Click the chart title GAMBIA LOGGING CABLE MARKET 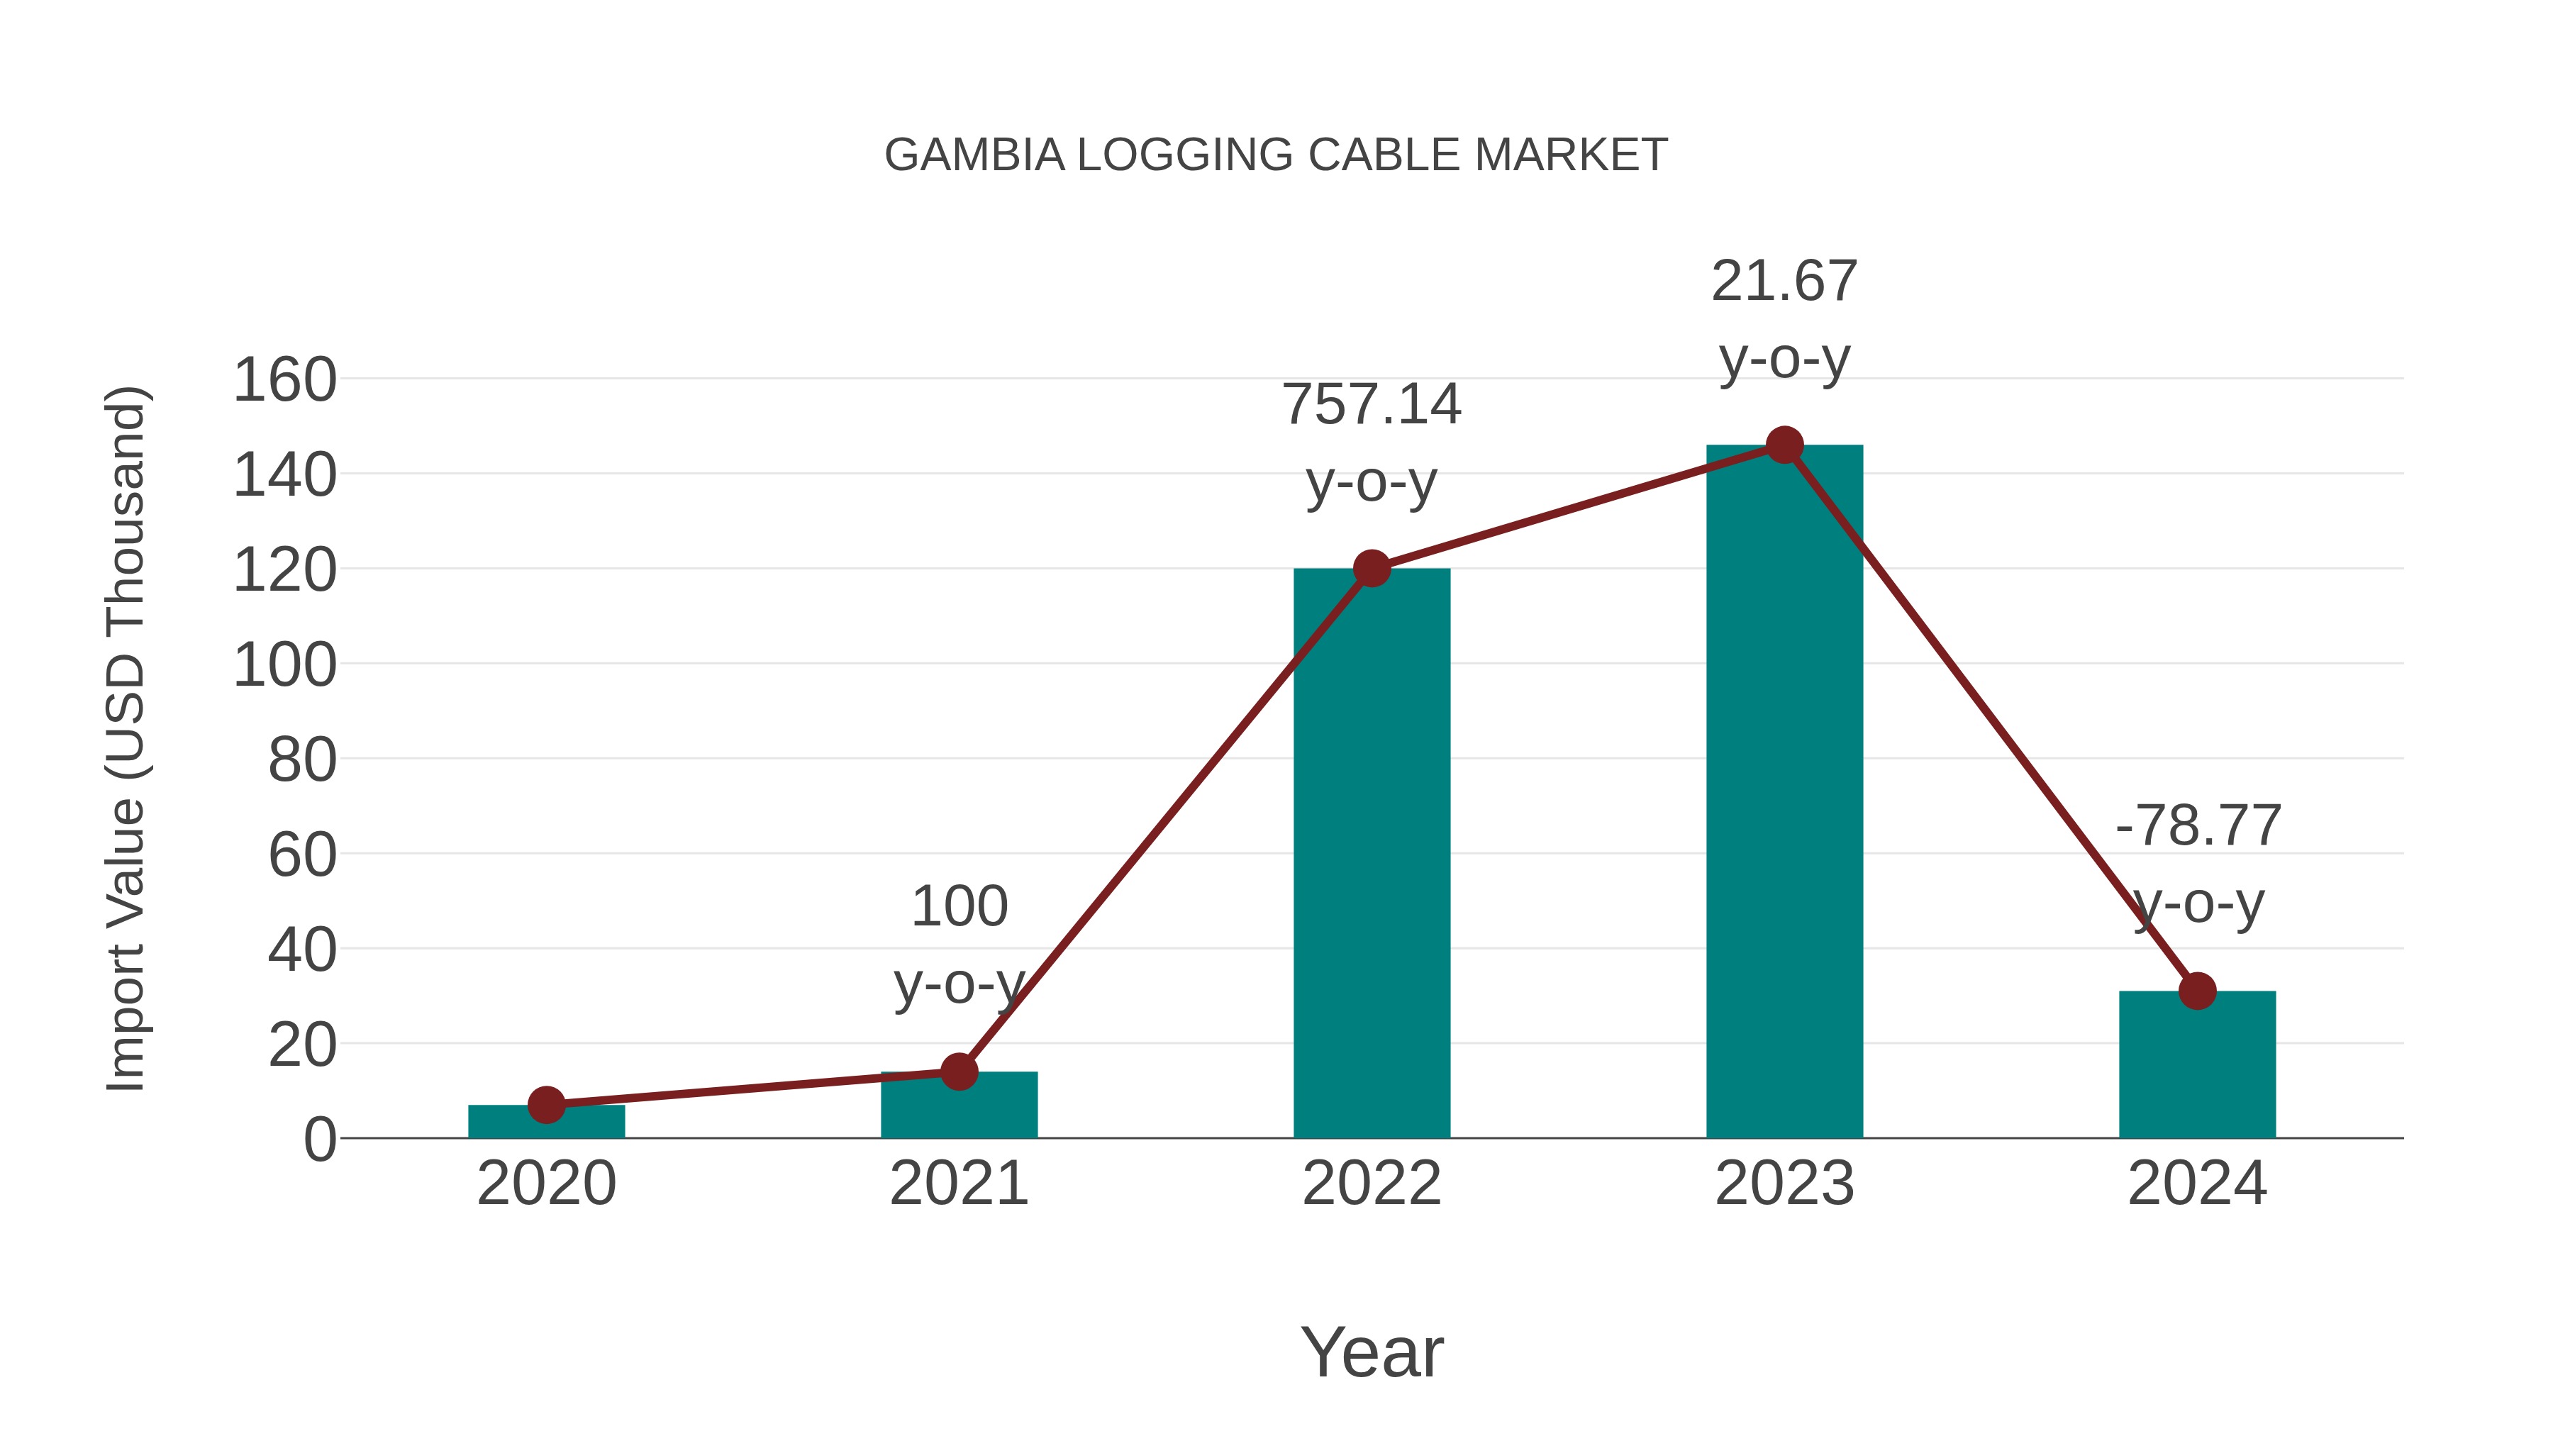1276,155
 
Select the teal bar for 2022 1372,852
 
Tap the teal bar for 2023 1784,793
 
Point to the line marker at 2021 958,1072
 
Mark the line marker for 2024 2197,991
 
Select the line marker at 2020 546,1104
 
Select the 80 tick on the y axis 302,760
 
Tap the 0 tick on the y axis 319,1140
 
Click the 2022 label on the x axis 1372,1184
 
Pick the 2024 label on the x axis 2197,1184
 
